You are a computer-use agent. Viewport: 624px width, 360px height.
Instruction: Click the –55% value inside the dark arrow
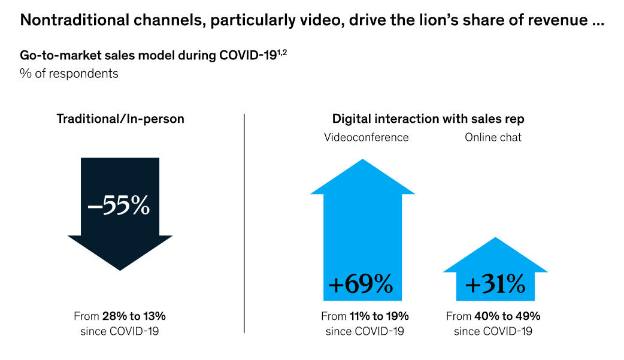(119, 205)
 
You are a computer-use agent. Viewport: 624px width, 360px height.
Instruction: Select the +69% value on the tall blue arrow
(361, 284)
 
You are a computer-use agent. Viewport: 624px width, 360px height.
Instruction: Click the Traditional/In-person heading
(120, 119)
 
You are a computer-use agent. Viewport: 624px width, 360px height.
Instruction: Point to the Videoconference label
(366, 137)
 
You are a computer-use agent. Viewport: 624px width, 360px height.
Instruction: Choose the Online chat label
(493, 137)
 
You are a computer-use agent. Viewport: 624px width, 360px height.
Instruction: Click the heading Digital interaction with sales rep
(428, 119)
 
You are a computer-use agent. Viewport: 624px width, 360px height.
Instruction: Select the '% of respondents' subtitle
(69, 74)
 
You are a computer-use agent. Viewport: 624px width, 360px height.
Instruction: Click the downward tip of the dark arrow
(120, 268)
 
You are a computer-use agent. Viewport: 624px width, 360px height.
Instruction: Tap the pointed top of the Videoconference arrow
(362, 161)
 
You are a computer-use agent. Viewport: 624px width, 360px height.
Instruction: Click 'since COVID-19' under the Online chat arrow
(493, 331)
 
